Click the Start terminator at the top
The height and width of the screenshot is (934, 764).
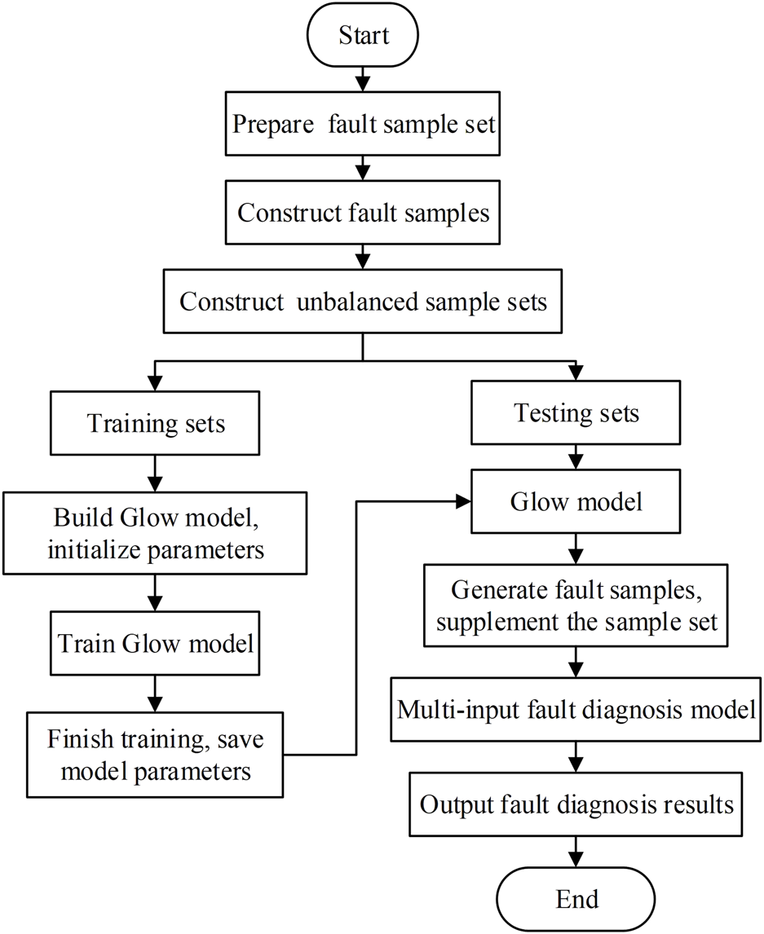363,36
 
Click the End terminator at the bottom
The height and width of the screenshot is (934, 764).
577,899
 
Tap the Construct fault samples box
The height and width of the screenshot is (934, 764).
363,213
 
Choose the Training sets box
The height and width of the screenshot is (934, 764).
157,424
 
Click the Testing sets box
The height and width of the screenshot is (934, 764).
576,413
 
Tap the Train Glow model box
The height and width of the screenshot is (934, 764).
157,643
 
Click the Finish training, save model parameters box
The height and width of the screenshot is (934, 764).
157,754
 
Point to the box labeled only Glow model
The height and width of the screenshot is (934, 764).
576,501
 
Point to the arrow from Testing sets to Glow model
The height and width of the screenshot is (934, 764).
576,455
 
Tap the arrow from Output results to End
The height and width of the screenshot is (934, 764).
577,852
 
